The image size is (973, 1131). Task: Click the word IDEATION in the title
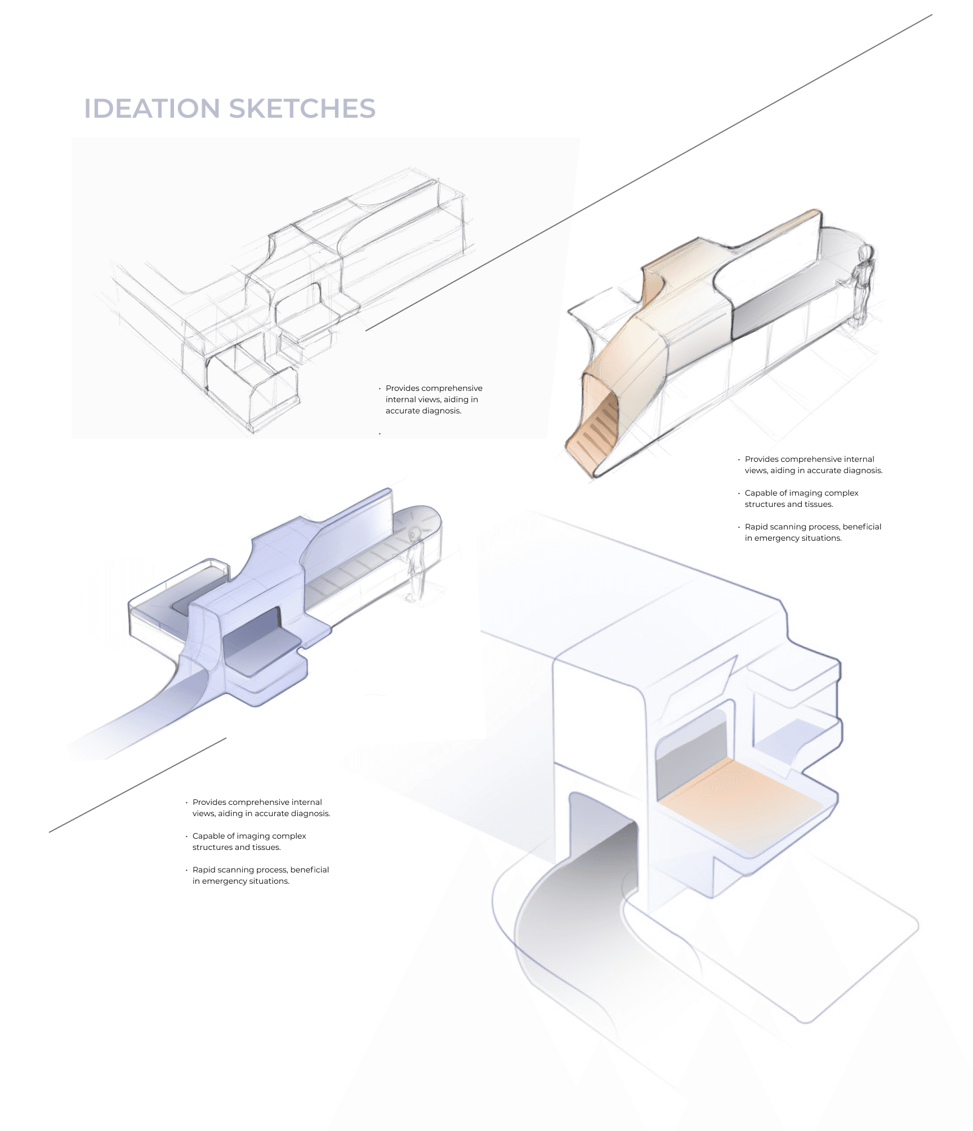tap(152, 109)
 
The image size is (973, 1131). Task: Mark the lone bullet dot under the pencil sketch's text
tap(380, 433)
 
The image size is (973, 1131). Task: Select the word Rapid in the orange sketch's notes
tap(756, 527)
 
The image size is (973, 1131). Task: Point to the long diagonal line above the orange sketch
tap(648, 172)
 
